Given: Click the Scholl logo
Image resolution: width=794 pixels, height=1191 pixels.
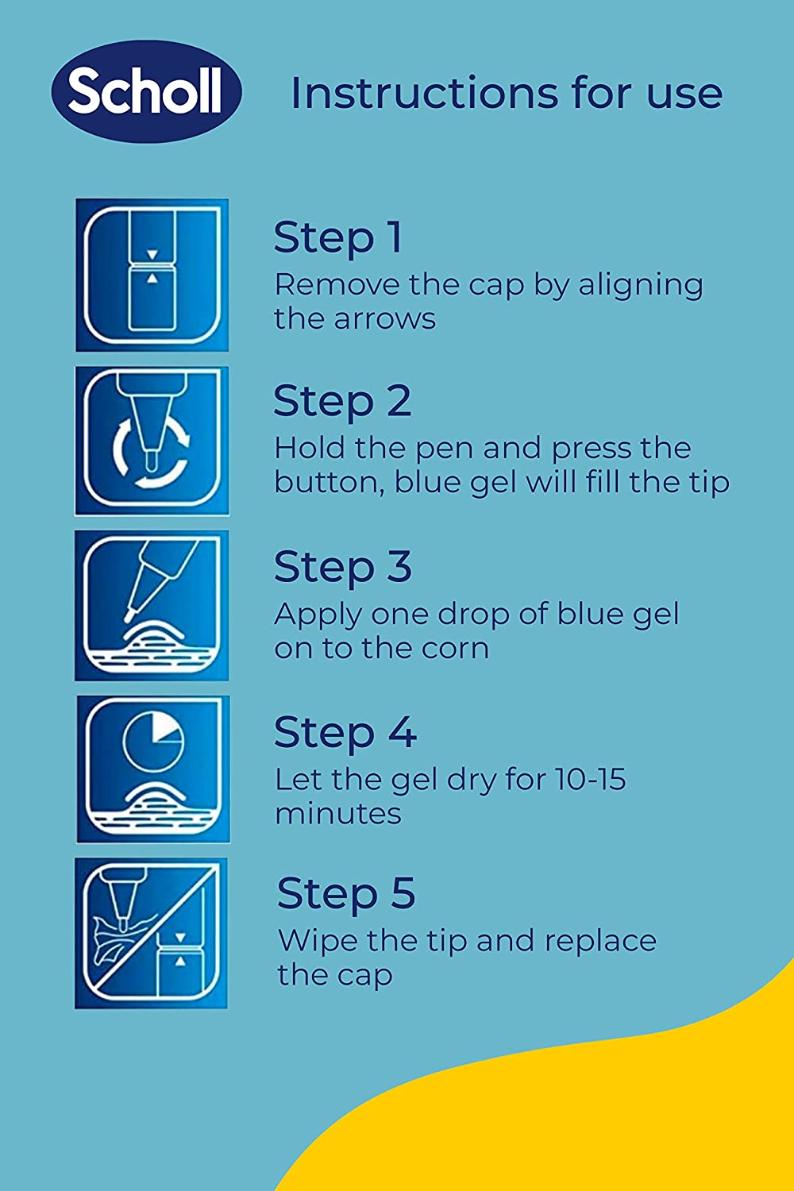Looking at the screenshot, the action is [147, 91].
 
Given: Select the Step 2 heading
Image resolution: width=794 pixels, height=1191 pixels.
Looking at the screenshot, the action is [342, 403].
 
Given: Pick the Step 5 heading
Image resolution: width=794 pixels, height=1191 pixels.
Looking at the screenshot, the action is [346, 895].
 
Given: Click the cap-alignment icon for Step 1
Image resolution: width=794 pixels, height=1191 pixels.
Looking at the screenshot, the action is [152, 275].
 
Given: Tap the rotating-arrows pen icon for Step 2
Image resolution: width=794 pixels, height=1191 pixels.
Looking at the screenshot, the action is [152, 440].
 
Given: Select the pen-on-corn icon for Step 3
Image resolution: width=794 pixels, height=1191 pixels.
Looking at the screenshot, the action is [152, 605].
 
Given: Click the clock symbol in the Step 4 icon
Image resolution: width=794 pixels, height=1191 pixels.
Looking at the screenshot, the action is [154, 741].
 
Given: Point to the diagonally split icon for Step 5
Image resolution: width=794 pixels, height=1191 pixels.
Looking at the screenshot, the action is [151, 933].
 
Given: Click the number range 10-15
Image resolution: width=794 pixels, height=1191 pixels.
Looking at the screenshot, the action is [590, 780].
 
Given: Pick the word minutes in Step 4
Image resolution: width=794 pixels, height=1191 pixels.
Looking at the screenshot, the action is [338, 813].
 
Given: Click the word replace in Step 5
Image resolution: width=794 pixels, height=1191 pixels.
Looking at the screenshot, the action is [600, 942].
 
